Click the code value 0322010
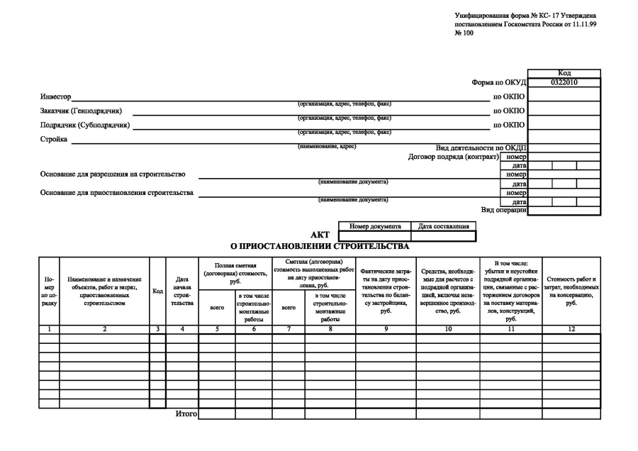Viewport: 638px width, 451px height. [564, 82]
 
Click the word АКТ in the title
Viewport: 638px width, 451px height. [320, 235]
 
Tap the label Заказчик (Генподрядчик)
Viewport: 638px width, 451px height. [81, 111]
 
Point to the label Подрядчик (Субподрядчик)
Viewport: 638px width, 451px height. [85, 125]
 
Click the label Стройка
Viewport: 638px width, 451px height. [54, 139]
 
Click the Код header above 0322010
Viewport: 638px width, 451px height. [564, 73]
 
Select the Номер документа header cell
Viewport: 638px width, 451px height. [375, 226]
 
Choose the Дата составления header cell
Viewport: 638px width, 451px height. [444, 226]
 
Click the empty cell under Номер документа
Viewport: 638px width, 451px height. [375, 235]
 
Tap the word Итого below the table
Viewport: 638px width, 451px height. [186, 413]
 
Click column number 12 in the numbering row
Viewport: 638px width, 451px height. [571, 329]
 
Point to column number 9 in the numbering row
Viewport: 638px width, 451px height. [386, 329]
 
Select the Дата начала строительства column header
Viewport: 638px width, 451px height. [181, 291]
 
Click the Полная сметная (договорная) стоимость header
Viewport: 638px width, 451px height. [235, 272]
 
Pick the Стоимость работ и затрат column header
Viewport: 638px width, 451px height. [571, 291]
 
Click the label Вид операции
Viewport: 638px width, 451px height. [503, 209]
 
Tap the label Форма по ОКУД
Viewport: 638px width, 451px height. [500, 82]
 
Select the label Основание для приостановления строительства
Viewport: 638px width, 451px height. [118, 192]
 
